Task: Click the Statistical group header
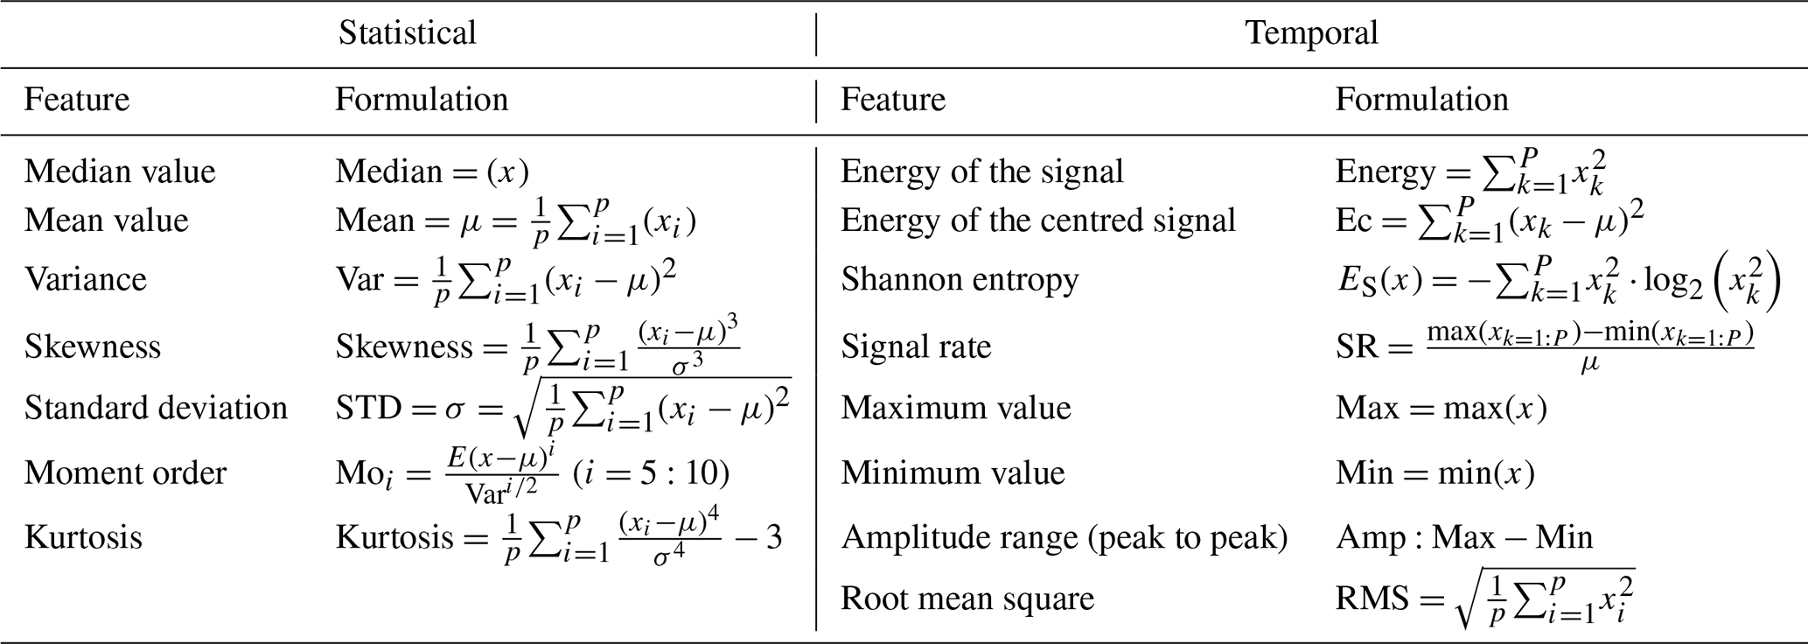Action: pos(407,33)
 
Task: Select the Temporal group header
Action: pos(1311,33)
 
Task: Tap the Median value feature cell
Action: pos(120,171)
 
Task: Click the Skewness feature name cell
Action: pos(93,346)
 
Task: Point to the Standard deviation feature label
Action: pos(156,408)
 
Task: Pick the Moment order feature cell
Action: pos(125,472)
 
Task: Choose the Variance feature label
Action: pos(86,279)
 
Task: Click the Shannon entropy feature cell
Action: pos(960,279)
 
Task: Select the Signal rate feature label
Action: pos(916,346)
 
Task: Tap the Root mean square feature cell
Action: pos(967,598)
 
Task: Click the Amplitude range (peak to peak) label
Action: pos(1064,536)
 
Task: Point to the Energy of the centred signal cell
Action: pos(1037,220)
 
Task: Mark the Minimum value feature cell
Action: pos(953,472)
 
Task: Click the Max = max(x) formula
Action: pos(1441,408)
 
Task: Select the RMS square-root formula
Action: pos(1485,598)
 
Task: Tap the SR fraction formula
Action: pos(1545,346)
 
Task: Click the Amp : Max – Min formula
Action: pos(1463,536)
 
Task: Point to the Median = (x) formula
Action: pos(432,171)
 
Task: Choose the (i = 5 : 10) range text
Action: pos(651,472)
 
